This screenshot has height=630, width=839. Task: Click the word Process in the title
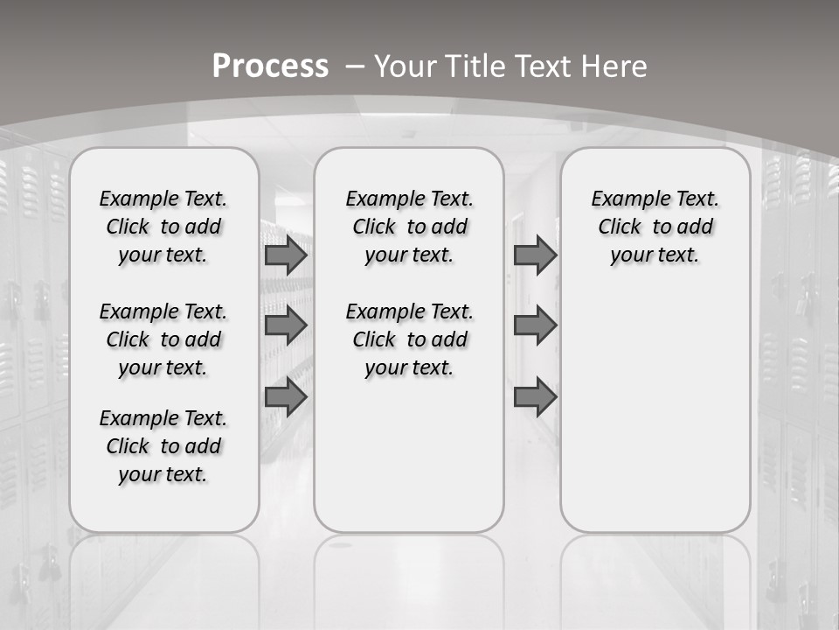(x=270, y=66)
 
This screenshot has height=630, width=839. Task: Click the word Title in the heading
(x=475, y=66)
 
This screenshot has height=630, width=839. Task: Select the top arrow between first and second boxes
(x=286, y=255)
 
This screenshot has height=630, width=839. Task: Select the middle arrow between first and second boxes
(x=286, y=325)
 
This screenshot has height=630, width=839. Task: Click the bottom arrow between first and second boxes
(x=286, y=397)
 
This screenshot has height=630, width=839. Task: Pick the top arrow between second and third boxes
(x=535, y=255)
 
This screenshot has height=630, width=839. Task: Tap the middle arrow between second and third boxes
(x=535, y=325)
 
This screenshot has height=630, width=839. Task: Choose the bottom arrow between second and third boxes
(x=535, y=397)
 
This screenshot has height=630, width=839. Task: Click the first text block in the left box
(x=163, y=227)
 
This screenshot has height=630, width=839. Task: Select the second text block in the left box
(x=163, y=339)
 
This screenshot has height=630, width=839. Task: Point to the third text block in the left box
(x=163, y=446)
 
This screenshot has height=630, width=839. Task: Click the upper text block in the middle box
(x=410, y=227)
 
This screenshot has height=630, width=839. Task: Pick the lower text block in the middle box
(x=410, y=339)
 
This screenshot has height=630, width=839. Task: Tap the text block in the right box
(x=655, y=227)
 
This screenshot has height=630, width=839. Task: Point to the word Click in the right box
(x=620, y=227)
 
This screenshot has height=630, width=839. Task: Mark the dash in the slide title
(x=355, y=66)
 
